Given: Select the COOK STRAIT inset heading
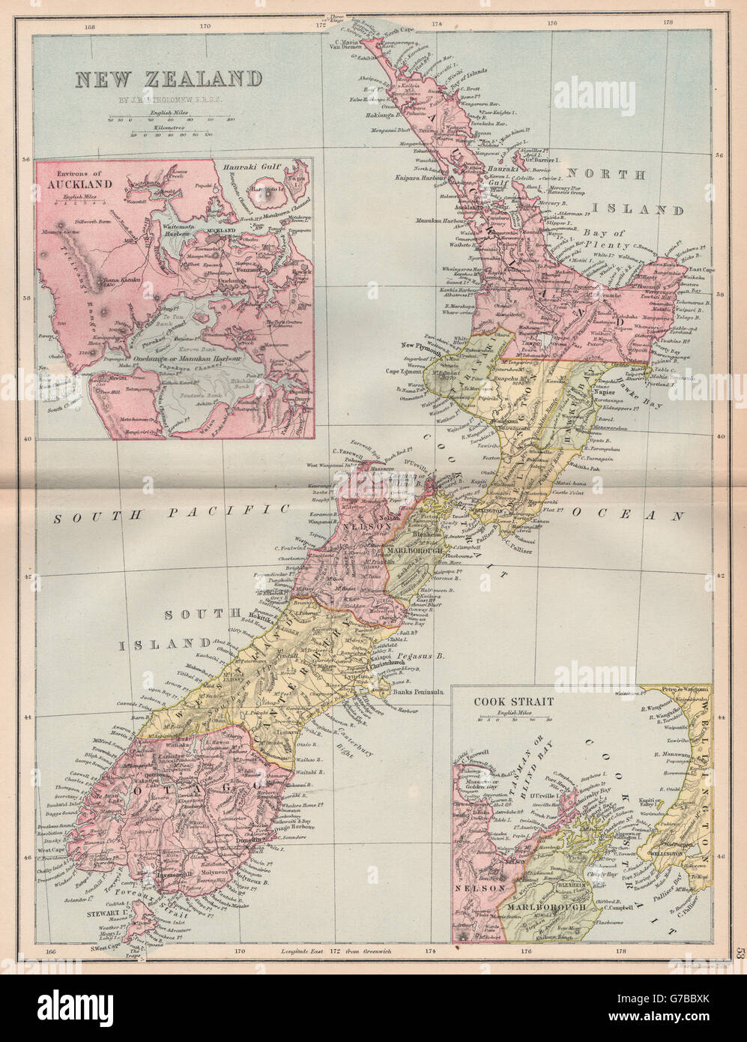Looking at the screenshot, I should (513, 702).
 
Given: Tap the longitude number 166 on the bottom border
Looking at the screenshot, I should (51, 952).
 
